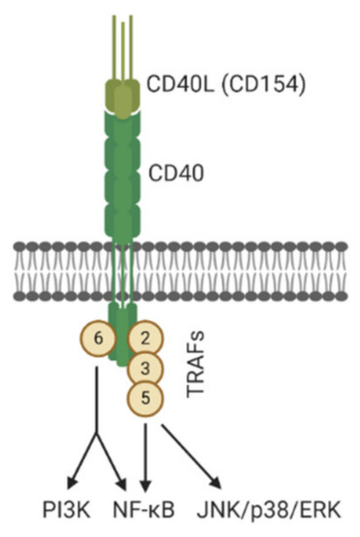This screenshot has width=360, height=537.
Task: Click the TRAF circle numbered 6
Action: tap(97, 339)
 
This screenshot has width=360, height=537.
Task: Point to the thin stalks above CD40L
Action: tap(122, 39)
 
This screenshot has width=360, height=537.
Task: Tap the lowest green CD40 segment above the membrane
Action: tap(122, 216)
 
